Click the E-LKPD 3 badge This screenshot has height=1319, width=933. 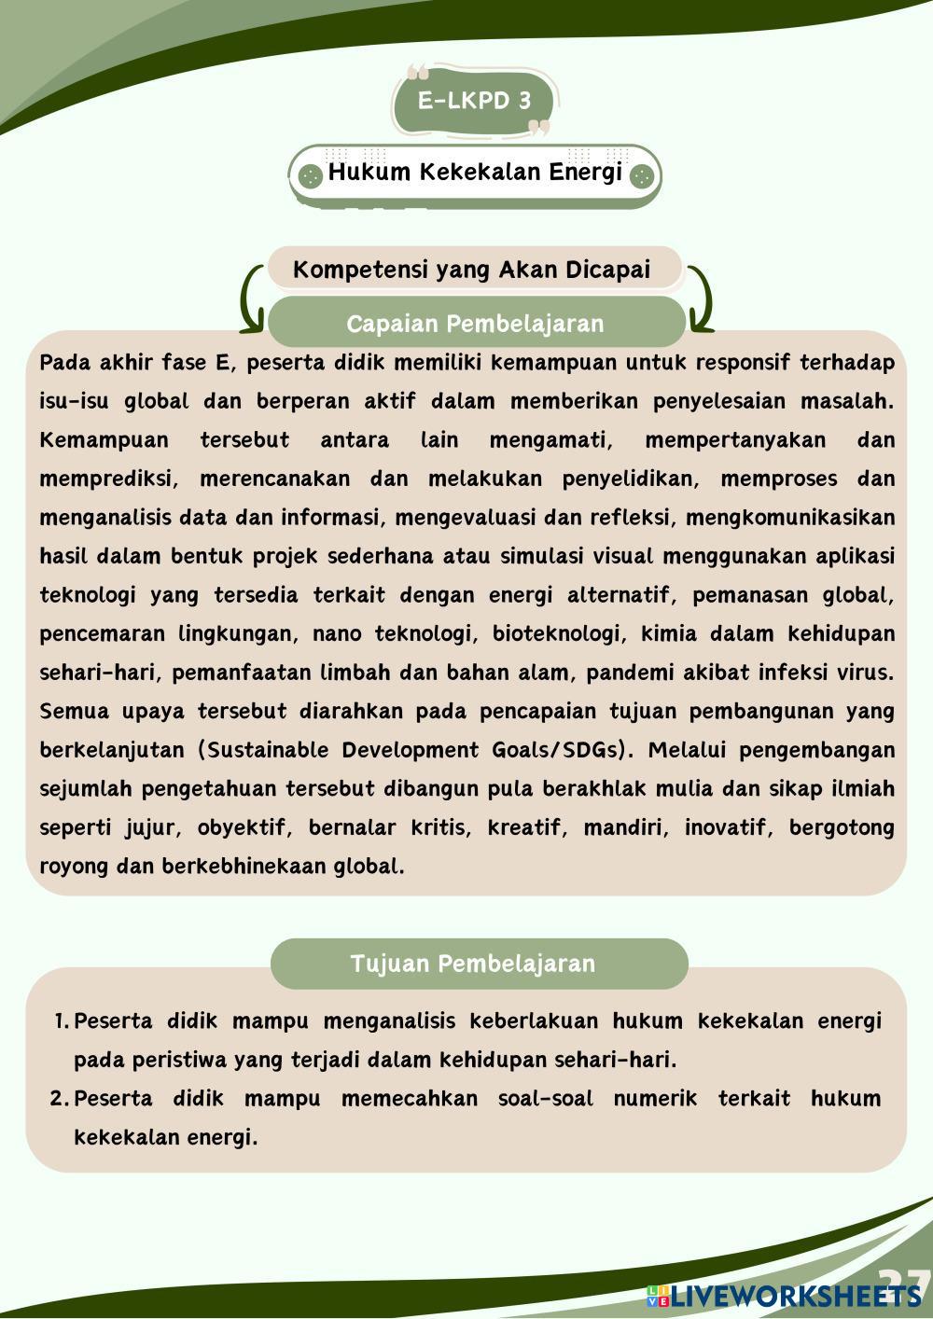click(474, 101)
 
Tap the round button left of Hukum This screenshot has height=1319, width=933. click(310, 175)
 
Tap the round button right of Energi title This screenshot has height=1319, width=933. click(641, 175)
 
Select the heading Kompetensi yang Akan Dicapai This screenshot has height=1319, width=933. click(471, 270)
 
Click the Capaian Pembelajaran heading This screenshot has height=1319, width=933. click(475, 324)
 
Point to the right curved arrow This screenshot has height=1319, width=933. click(700, 299)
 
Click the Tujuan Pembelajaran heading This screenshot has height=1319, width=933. click(473, 964)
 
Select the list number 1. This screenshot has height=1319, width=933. click(61, 1021)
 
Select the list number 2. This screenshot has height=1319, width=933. click(59, 1099)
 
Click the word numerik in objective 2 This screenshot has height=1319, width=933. click(655, 1099)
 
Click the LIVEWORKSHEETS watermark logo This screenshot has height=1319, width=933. click(784, 1296)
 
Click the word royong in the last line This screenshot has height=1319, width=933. click(74, 867)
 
